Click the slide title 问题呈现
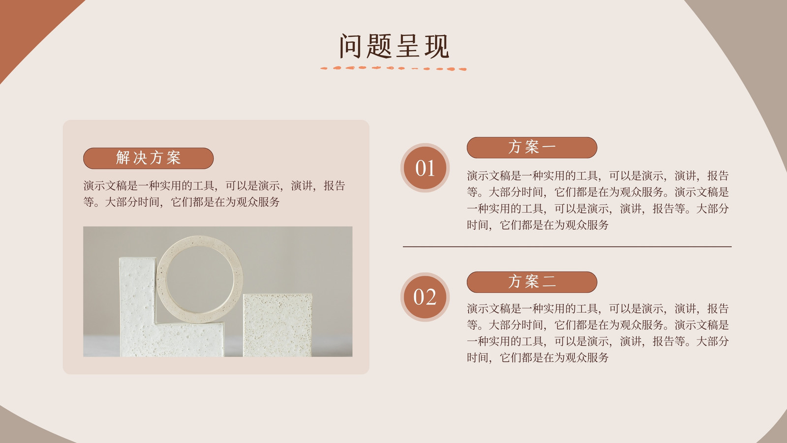click(394, 46)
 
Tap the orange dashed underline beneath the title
click(393, 68)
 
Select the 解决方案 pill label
click(148, 158)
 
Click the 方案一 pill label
click(532, 147)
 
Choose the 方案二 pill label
click(532, 282)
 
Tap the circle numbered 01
click(425, 168)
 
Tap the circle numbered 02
click(425, 297)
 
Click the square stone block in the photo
click(277, 325)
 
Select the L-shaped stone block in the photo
click(138, 310)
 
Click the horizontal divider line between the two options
click(567, 247)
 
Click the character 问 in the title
click(350, 46)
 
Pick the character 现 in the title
click(437, 46)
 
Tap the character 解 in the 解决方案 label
click(123, 158)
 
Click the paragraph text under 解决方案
click(214, 194)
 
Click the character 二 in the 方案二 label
click(549, 282)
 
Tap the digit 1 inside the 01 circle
click(430, 168)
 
